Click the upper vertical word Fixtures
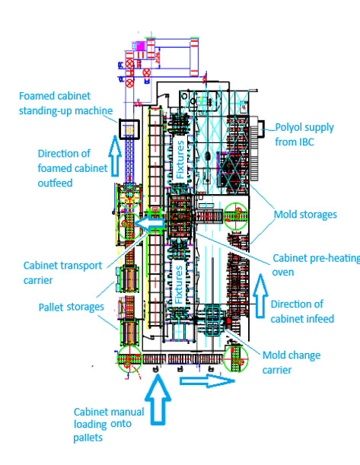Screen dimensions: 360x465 [x=180, y=160]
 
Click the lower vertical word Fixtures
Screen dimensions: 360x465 [x=179, y=285]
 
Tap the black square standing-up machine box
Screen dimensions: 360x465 [x=129, y=129]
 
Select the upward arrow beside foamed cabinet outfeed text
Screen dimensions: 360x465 [x=115, y=155]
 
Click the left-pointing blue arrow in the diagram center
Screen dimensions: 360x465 [x=149, y=223]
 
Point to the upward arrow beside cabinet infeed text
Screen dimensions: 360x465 [x=260, y=296]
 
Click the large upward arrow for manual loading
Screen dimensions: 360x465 [x=158, y=399]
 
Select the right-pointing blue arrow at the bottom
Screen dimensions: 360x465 [x=208, y=381]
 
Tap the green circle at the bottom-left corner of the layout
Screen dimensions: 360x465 [x=129, y=358]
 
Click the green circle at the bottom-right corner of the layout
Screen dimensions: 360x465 [x=236, y=358]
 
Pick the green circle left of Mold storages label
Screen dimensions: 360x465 [x=236, y=216]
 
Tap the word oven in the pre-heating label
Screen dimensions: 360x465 [x=283, y=272]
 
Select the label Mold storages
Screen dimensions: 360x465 [x=305, y=215]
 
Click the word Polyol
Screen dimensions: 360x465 [x=288, y=128]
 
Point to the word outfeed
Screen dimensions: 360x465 [x=55, y=183]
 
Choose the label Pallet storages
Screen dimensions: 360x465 [x=72, y=307]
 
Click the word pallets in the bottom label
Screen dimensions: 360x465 [x=88, y=438]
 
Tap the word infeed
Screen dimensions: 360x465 [x=317, y=319]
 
